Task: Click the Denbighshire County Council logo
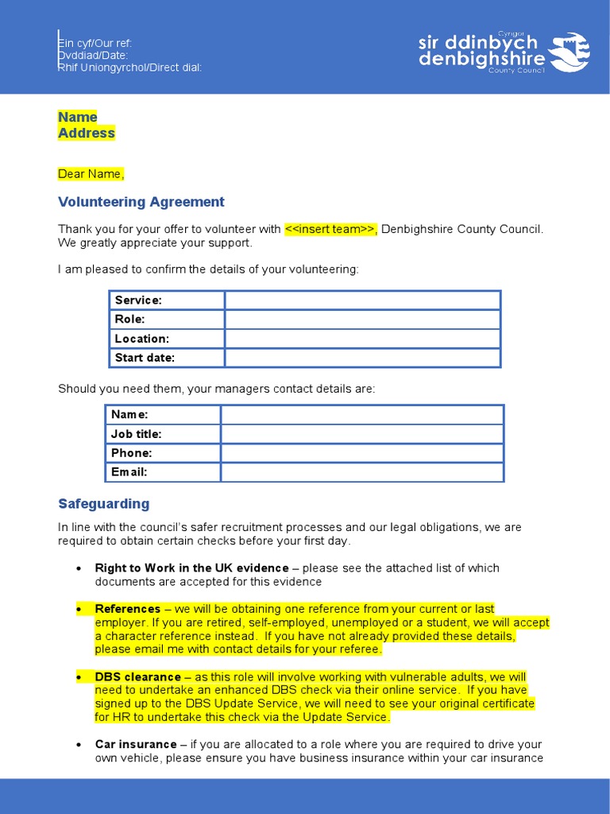pos(504,52)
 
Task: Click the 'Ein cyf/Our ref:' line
pos(95,43)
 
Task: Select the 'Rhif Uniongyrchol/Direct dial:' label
pos(130,68)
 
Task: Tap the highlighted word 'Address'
pos(87,134)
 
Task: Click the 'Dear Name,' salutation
pos(91,174)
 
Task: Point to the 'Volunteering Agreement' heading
pos(141,202)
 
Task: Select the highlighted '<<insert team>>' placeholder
pos(330,230)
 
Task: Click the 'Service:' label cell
pos(167,300)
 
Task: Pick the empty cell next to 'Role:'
pos(362,320)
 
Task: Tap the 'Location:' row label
pos(167,339)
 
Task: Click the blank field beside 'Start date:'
pos(362,358)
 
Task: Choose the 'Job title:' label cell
pos(163,434)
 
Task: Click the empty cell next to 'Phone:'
pos(362,453)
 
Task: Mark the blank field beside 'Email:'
pos(362,472)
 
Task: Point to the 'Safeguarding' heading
pos(104,504)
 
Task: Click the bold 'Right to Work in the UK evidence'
pos(191,568)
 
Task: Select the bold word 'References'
pos(128,609)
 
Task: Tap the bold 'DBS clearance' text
pos(138,677)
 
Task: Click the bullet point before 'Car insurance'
pos(79,745)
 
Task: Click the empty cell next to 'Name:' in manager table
pos(362,415)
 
